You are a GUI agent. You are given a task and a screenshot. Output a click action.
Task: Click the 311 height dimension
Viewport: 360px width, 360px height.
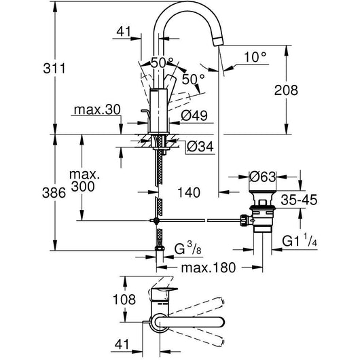click(x=54, y=69)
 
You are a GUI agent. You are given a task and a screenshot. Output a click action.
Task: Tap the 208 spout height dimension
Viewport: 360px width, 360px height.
click(x=286, y=90)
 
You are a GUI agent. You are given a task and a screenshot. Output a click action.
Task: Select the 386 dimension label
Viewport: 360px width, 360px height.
click(x=54, y=193)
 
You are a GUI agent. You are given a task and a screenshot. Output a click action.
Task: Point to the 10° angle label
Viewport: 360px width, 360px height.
click(x=255, y=57)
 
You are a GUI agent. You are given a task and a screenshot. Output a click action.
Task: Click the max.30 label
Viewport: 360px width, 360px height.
click(x=97, y=110)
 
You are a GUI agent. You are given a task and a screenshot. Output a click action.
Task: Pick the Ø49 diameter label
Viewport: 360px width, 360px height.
click(x=194, y=115)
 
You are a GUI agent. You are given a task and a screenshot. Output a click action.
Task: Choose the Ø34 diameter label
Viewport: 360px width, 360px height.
click(x=200, y=147)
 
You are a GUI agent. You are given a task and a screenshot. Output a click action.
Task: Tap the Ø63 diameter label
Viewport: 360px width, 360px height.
click(x=262, y=177)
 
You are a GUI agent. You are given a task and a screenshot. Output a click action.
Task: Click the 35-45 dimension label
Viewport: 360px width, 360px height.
click(x=299, y=200)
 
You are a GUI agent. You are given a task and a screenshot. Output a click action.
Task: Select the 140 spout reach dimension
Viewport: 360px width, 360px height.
click(x=189, y=192)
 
